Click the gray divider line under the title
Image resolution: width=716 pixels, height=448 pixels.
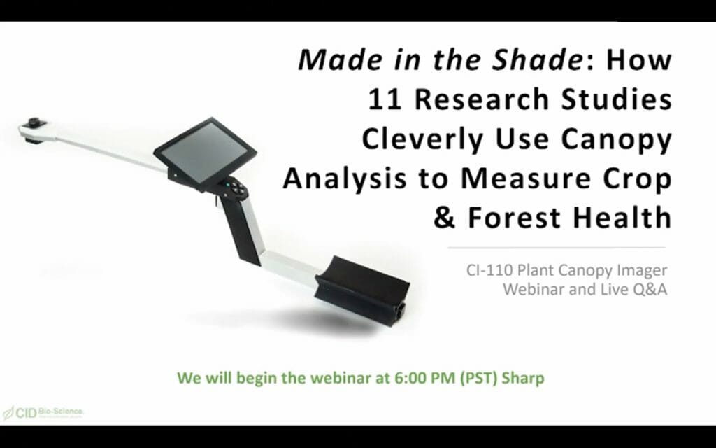coord(556,247)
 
